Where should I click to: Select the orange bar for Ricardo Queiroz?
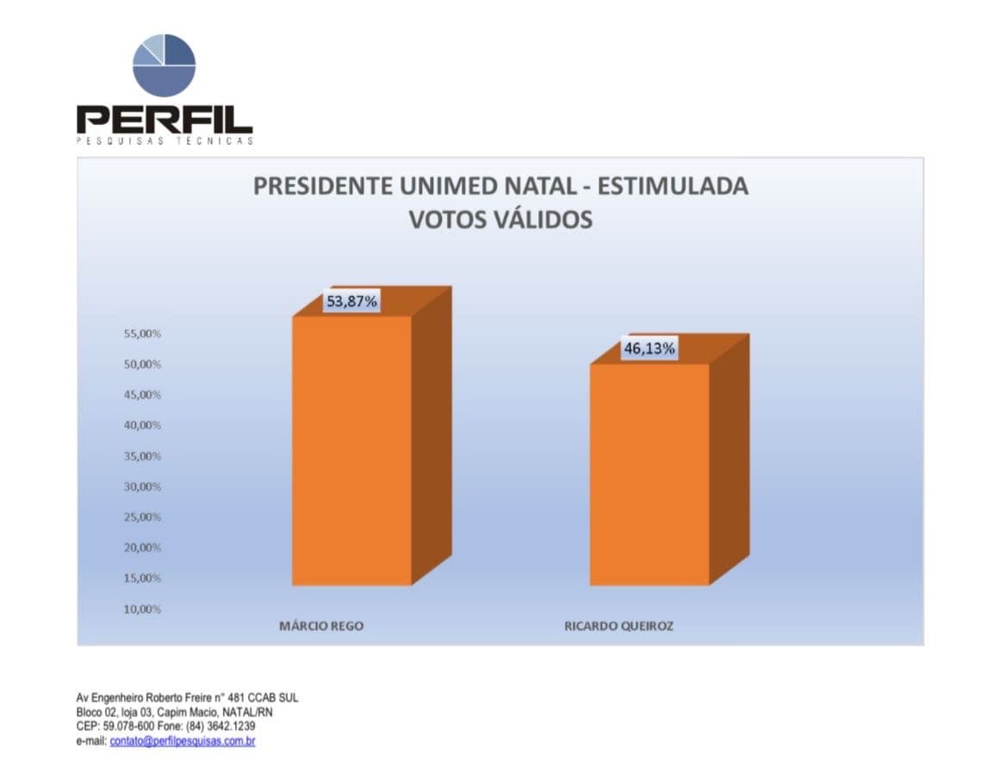649,474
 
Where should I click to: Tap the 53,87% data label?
351,301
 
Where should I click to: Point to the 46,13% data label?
649,349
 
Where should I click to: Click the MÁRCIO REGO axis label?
321,626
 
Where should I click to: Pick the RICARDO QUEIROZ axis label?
618,626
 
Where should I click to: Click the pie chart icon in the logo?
164,65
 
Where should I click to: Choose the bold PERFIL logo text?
164,118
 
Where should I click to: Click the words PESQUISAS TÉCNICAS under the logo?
164,141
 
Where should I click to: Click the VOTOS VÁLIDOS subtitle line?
500,220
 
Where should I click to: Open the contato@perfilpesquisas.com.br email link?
183,741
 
